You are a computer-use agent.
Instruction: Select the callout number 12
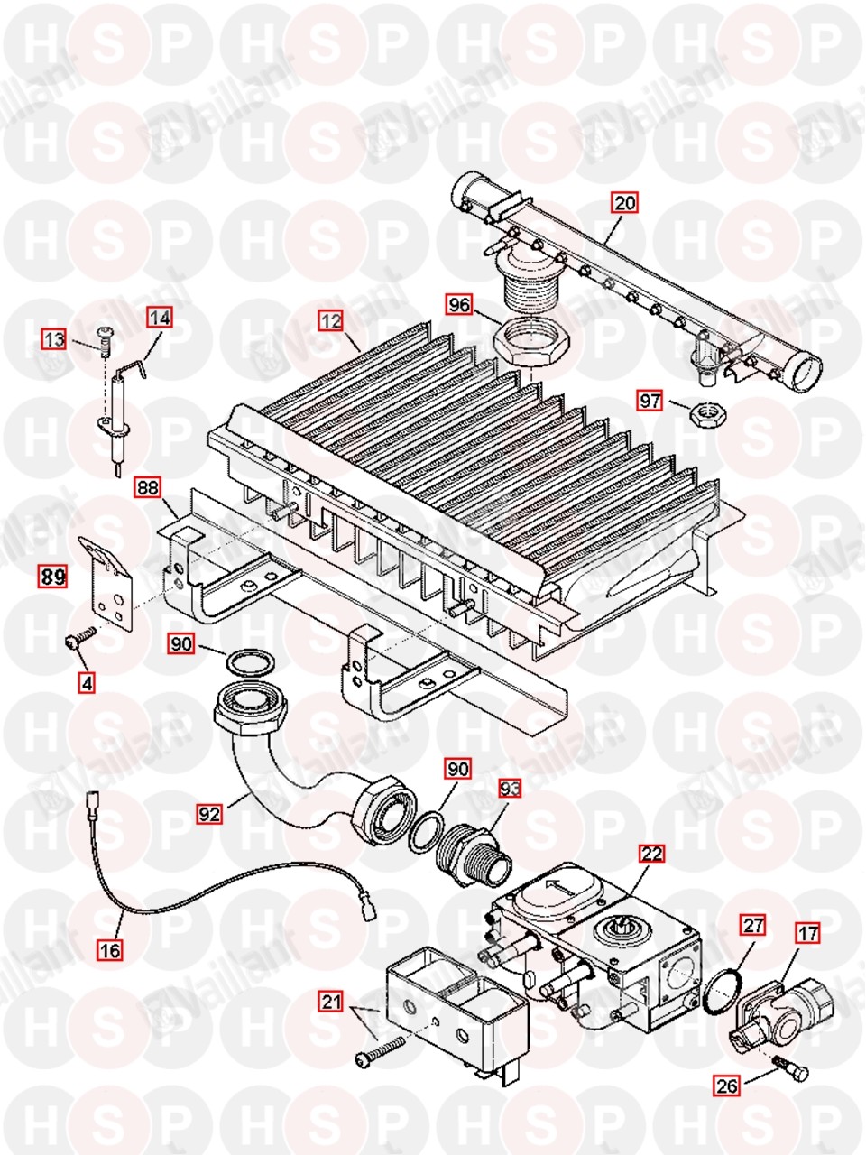(x=331, y=319)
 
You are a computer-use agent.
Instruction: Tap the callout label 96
(x=459, y=305)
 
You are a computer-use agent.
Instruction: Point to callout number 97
(x=649, y=400)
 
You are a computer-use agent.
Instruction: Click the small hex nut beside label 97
(x=703, y=414)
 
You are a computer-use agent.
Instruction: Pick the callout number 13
(x=55, y=339)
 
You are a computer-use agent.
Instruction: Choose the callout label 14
(x=160, y=318)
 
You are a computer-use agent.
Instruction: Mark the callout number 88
(x=148, y=488)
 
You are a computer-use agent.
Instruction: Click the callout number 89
(x=51, y=576)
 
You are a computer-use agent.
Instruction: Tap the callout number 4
(x=86, y=683)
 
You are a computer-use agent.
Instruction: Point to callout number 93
(x=511, y=789)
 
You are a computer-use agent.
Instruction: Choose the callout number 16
(x=111, y=949)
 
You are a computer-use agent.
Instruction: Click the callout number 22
(x=651, y=853)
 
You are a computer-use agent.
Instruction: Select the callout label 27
(x=752, y=924)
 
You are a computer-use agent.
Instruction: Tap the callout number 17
(x=808, y=933)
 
